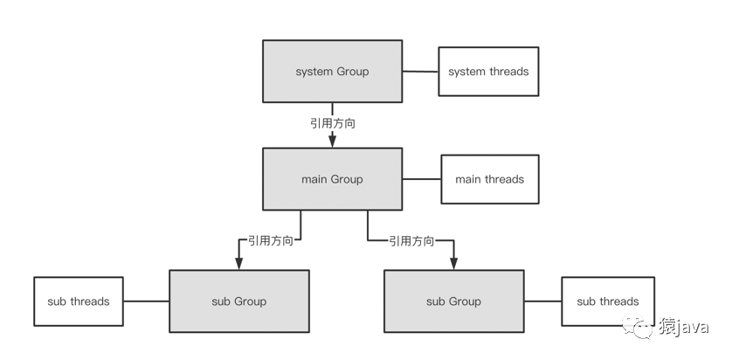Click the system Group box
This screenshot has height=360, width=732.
click(333, 71)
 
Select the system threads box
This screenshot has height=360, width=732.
click(488, 72)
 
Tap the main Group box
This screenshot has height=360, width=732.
click(333, 179)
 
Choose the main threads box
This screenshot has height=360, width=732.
click(490, 179)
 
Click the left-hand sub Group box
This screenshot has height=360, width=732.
click(239, 301)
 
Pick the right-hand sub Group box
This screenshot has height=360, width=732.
click(453, 301)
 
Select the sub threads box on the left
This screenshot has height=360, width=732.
click(79, 301)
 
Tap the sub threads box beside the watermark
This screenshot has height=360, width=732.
click(608, 301)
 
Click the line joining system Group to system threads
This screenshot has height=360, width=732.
click(420, 72)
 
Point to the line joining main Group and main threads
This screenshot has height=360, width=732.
click(422, 179)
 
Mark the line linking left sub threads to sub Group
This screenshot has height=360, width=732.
click(146, 301)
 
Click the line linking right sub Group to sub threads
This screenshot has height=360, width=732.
click(542, 301)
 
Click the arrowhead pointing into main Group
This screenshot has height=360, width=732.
click(333, 140)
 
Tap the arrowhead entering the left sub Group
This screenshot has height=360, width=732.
click(239, 262)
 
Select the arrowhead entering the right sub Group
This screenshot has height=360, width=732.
click(453, 262)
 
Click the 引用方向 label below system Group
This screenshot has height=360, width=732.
click(333, 123)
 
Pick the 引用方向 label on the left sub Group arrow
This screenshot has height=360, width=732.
click(271, 240)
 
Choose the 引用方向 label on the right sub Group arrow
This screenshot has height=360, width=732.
click(411, 240)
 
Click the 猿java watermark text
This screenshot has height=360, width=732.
click(683, 326)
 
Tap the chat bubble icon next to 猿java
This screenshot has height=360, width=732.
click(637, 325)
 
